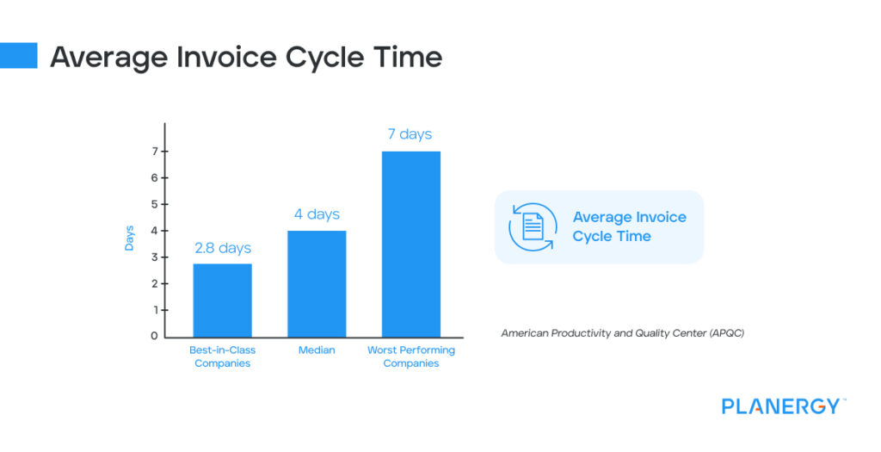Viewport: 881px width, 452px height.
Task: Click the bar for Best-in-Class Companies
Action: pyautogui.click(x=222, y=300)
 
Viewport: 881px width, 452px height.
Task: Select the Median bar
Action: pyautogui.click(x=317, y=283)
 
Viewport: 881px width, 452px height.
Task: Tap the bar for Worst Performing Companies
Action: pyautogui.click(x=411, y=244)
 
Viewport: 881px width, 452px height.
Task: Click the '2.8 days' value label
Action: pyautogui.click(x=222, y=248)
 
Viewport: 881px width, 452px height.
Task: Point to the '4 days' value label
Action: pyautogui.click(x=317, y=214)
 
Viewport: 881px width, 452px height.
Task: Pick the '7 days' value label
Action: pyautogui.click(x=410, y=134)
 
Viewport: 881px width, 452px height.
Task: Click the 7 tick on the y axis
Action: pyautogui.click(x=155, y=152)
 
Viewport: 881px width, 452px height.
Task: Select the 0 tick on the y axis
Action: pyautogui.click(x=155, y=336)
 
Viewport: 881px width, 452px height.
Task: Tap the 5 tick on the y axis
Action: pyautogui.click(x=155, y=204)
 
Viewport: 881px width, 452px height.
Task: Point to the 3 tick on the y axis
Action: pyautogui.click(x=155, y=257)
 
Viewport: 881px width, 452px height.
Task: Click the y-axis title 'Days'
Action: pyautogui.click(x=129, y=238)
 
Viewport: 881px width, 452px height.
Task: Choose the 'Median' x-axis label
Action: pyautogui.click(x=317, y=350)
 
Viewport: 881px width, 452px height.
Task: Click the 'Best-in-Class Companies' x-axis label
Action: pyautogui.click(x=222, y=356)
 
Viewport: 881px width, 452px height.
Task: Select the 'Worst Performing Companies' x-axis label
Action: pyautogui.click(x=411, y=356)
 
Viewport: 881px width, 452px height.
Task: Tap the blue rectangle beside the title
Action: pyautogui.click(x=18, y=55)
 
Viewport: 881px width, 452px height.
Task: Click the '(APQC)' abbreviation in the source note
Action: pyautogui.click(x=727, y=332)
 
